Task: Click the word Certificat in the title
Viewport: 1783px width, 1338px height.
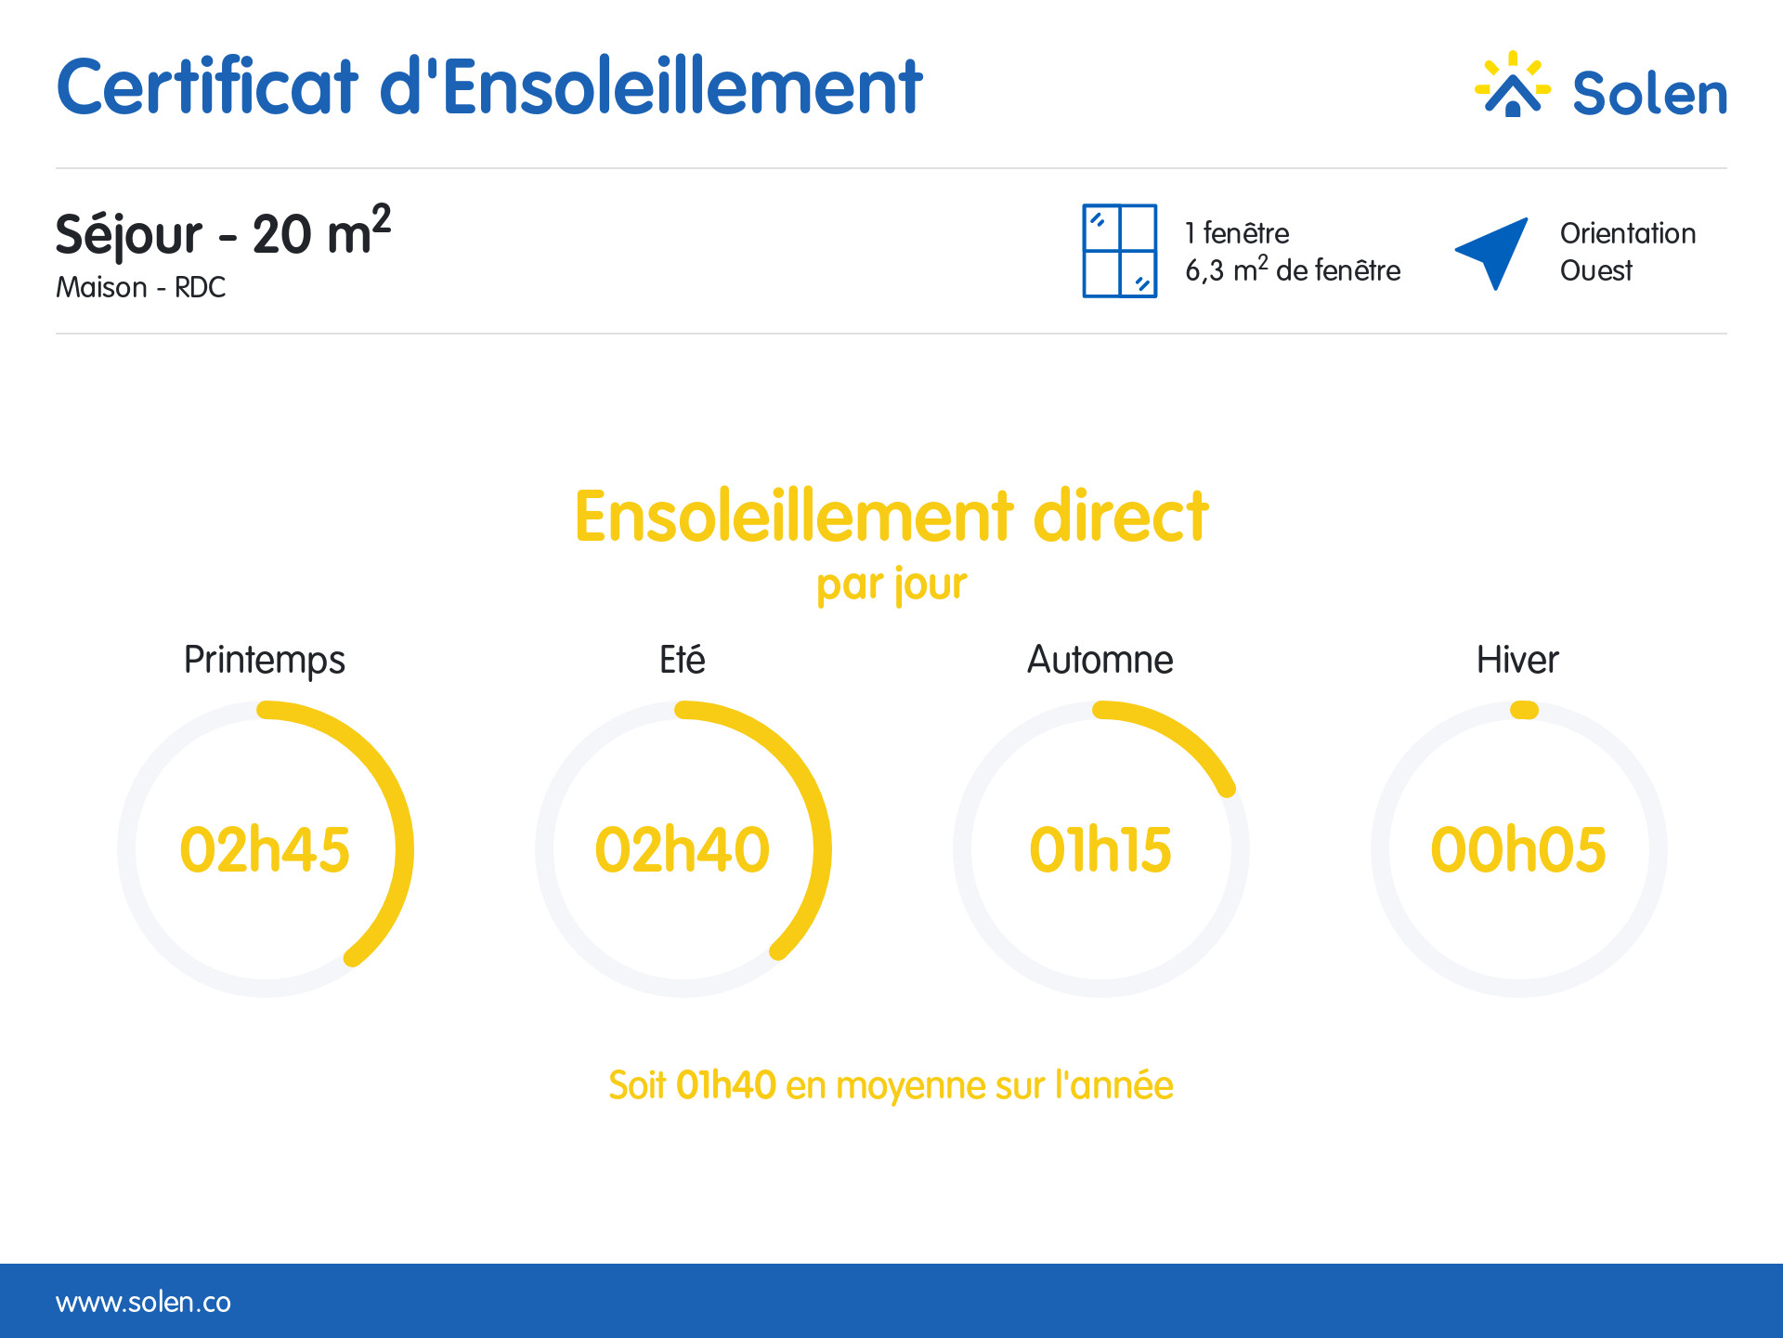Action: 207,86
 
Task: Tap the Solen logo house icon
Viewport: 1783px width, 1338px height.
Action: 1513,85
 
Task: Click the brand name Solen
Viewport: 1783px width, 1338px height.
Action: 1649,93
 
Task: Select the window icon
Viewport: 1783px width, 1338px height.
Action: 1120,251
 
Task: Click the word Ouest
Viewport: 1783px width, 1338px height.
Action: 1595,270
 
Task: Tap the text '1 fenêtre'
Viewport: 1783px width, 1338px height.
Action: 1237,233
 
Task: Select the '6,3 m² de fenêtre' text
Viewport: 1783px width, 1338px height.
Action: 1293,269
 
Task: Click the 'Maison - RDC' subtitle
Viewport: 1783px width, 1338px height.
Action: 140,287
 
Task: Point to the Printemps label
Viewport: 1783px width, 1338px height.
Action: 265,661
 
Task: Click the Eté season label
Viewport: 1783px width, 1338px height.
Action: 683,660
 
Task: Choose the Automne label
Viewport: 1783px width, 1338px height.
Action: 1100,660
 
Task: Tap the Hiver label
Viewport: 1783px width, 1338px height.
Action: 1517,660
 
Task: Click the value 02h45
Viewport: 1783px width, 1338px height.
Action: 265,849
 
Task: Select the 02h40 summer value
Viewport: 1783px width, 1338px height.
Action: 683,849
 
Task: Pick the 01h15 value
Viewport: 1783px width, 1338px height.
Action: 1100,849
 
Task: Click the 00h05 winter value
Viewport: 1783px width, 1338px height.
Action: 1518,849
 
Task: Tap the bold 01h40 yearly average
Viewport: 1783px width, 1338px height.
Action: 725,1085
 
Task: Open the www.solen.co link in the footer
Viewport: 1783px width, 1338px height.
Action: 143,1302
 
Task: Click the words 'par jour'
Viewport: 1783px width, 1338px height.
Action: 891,585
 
